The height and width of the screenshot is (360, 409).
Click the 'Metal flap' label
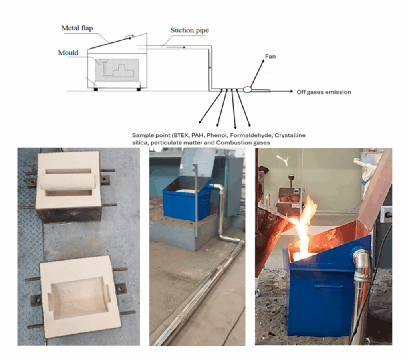[77, 28]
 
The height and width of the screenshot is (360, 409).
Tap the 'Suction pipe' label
[190, 30]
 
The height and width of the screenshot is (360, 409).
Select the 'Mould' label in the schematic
[68, 53]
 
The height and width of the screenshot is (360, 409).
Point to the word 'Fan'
[270, 57]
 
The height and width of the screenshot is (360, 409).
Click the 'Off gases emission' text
[324, 92]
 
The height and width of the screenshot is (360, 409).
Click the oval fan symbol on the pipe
[247, 90]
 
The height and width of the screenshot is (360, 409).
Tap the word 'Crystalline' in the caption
[290, 135]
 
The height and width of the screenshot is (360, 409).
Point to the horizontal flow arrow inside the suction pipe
[176, 47]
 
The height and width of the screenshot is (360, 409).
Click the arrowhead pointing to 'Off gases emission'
[291, 91]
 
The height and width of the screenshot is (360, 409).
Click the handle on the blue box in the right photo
[328, 286]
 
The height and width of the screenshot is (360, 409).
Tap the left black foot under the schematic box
[96, 89]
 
